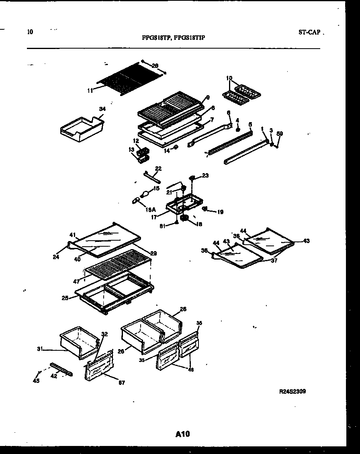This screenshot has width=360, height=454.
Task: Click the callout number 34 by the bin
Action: tap(102, 108)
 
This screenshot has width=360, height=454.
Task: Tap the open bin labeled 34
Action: tap(82, 129)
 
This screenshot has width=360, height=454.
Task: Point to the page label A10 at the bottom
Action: tap(182, 434)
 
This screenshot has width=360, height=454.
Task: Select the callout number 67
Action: tap(122, 383)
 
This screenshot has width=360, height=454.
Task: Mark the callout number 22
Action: tap(158, 168)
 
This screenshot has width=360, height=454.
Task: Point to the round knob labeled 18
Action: tap(185, 218)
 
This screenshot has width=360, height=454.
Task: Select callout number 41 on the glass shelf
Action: tap(72, 235)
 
